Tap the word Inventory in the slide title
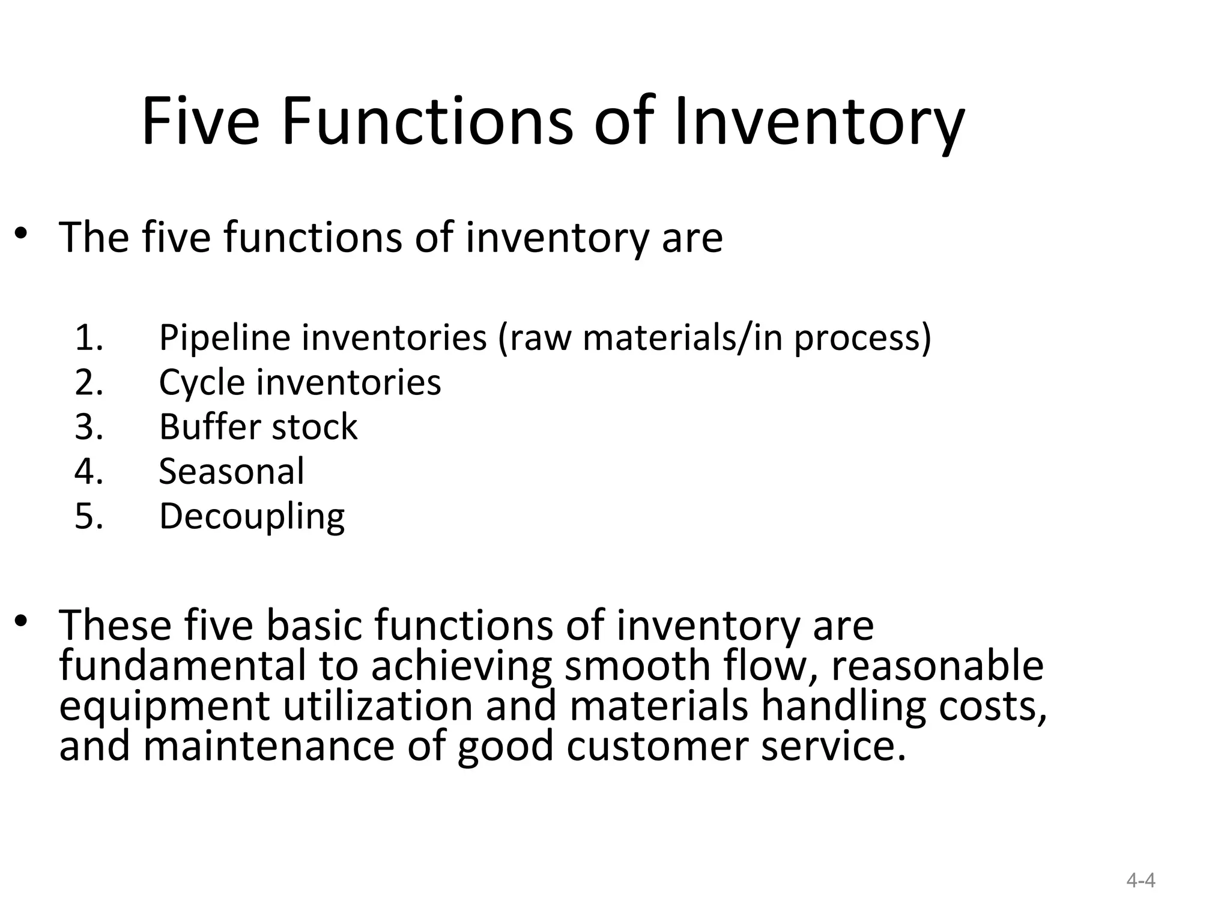tap(819, 122)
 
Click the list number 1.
tap(88, 337)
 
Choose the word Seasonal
tap(231, 471)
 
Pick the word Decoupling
tap(252, 517)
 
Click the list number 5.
tap(88, 516)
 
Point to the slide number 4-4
tap(1141, 881)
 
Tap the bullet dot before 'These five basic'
tap(22, 621)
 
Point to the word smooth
tap(637, 666)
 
